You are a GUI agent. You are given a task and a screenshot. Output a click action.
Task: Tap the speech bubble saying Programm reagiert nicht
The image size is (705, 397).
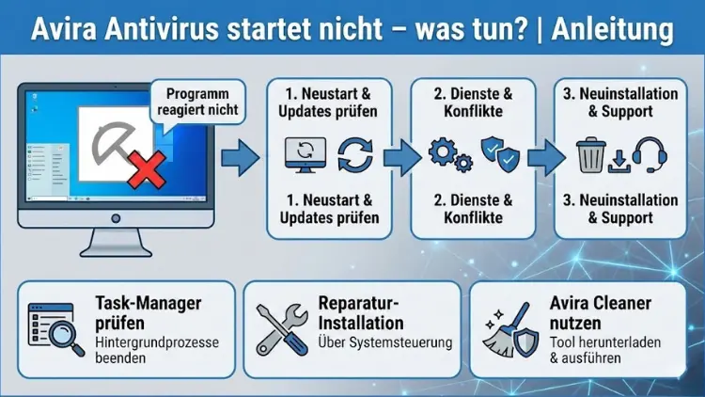pyautogui.click(x=198, y=103)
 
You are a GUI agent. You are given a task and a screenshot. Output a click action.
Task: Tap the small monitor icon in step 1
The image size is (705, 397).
pyautogui.click(x=305, y=154)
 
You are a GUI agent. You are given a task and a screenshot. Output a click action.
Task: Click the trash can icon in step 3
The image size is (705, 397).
pyautogui.click(x=590, y=154)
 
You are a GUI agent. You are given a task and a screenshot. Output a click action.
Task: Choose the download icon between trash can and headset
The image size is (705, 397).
pyautogui.click(x=619, y=160)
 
